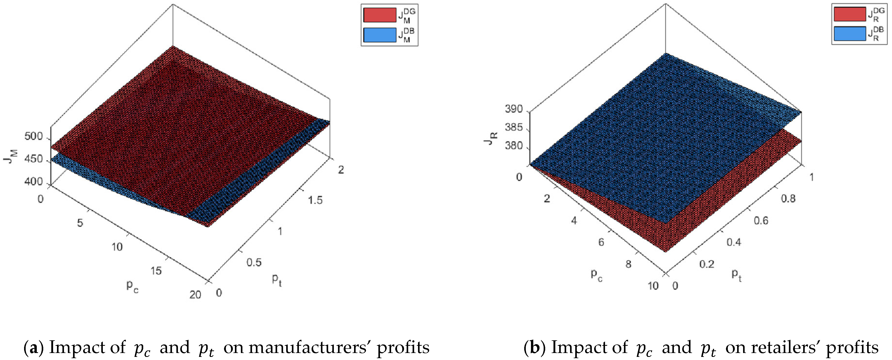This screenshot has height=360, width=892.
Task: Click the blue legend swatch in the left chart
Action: tap(379, 35)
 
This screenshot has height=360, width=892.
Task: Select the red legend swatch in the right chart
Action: tap(850, 15)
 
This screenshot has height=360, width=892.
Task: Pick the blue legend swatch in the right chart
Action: tap(850, 34)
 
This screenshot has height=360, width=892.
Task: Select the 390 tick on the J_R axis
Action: tap(514, 109)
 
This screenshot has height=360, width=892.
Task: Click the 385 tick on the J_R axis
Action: tap(514, 127)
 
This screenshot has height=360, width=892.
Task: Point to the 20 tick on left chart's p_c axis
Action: tap(195, 294)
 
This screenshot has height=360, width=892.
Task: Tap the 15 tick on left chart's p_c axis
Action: tap(156, 271)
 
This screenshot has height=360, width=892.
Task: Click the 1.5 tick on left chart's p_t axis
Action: tap(315, 200)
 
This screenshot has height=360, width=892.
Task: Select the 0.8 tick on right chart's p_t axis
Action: tap(788, 199)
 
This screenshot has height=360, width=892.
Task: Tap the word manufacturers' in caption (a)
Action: tap(309, 347)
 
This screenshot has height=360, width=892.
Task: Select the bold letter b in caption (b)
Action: tap(535, 347)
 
